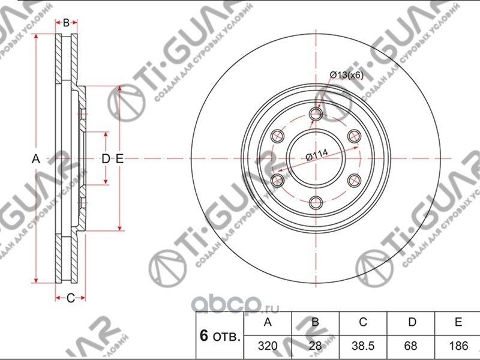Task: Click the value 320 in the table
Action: coord(267,346)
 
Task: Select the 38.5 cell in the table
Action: coord(363,346)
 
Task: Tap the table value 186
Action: coord(458,346)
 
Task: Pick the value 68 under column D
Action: coord(412,346)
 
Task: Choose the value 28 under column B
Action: coord(315,346)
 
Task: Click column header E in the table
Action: coord(458,323)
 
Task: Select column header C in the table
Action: coord(363,323)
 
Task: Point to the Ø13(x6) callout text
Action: coord(346,74)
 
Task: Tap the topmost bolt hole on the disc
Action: coord(316,114)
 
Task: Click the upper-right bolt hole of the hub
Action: coord(354,136)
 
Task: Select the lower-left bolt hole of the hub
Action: coord(277,180)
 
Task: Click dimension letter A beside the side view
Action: coord(35,158)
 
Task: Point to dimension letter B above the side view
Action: coord(67,23)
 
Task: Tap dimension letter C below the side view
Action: coord(70,298)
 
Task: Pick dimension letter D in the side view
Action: coord(105,158)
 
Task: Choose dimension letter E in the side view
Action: coord(119,158)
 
